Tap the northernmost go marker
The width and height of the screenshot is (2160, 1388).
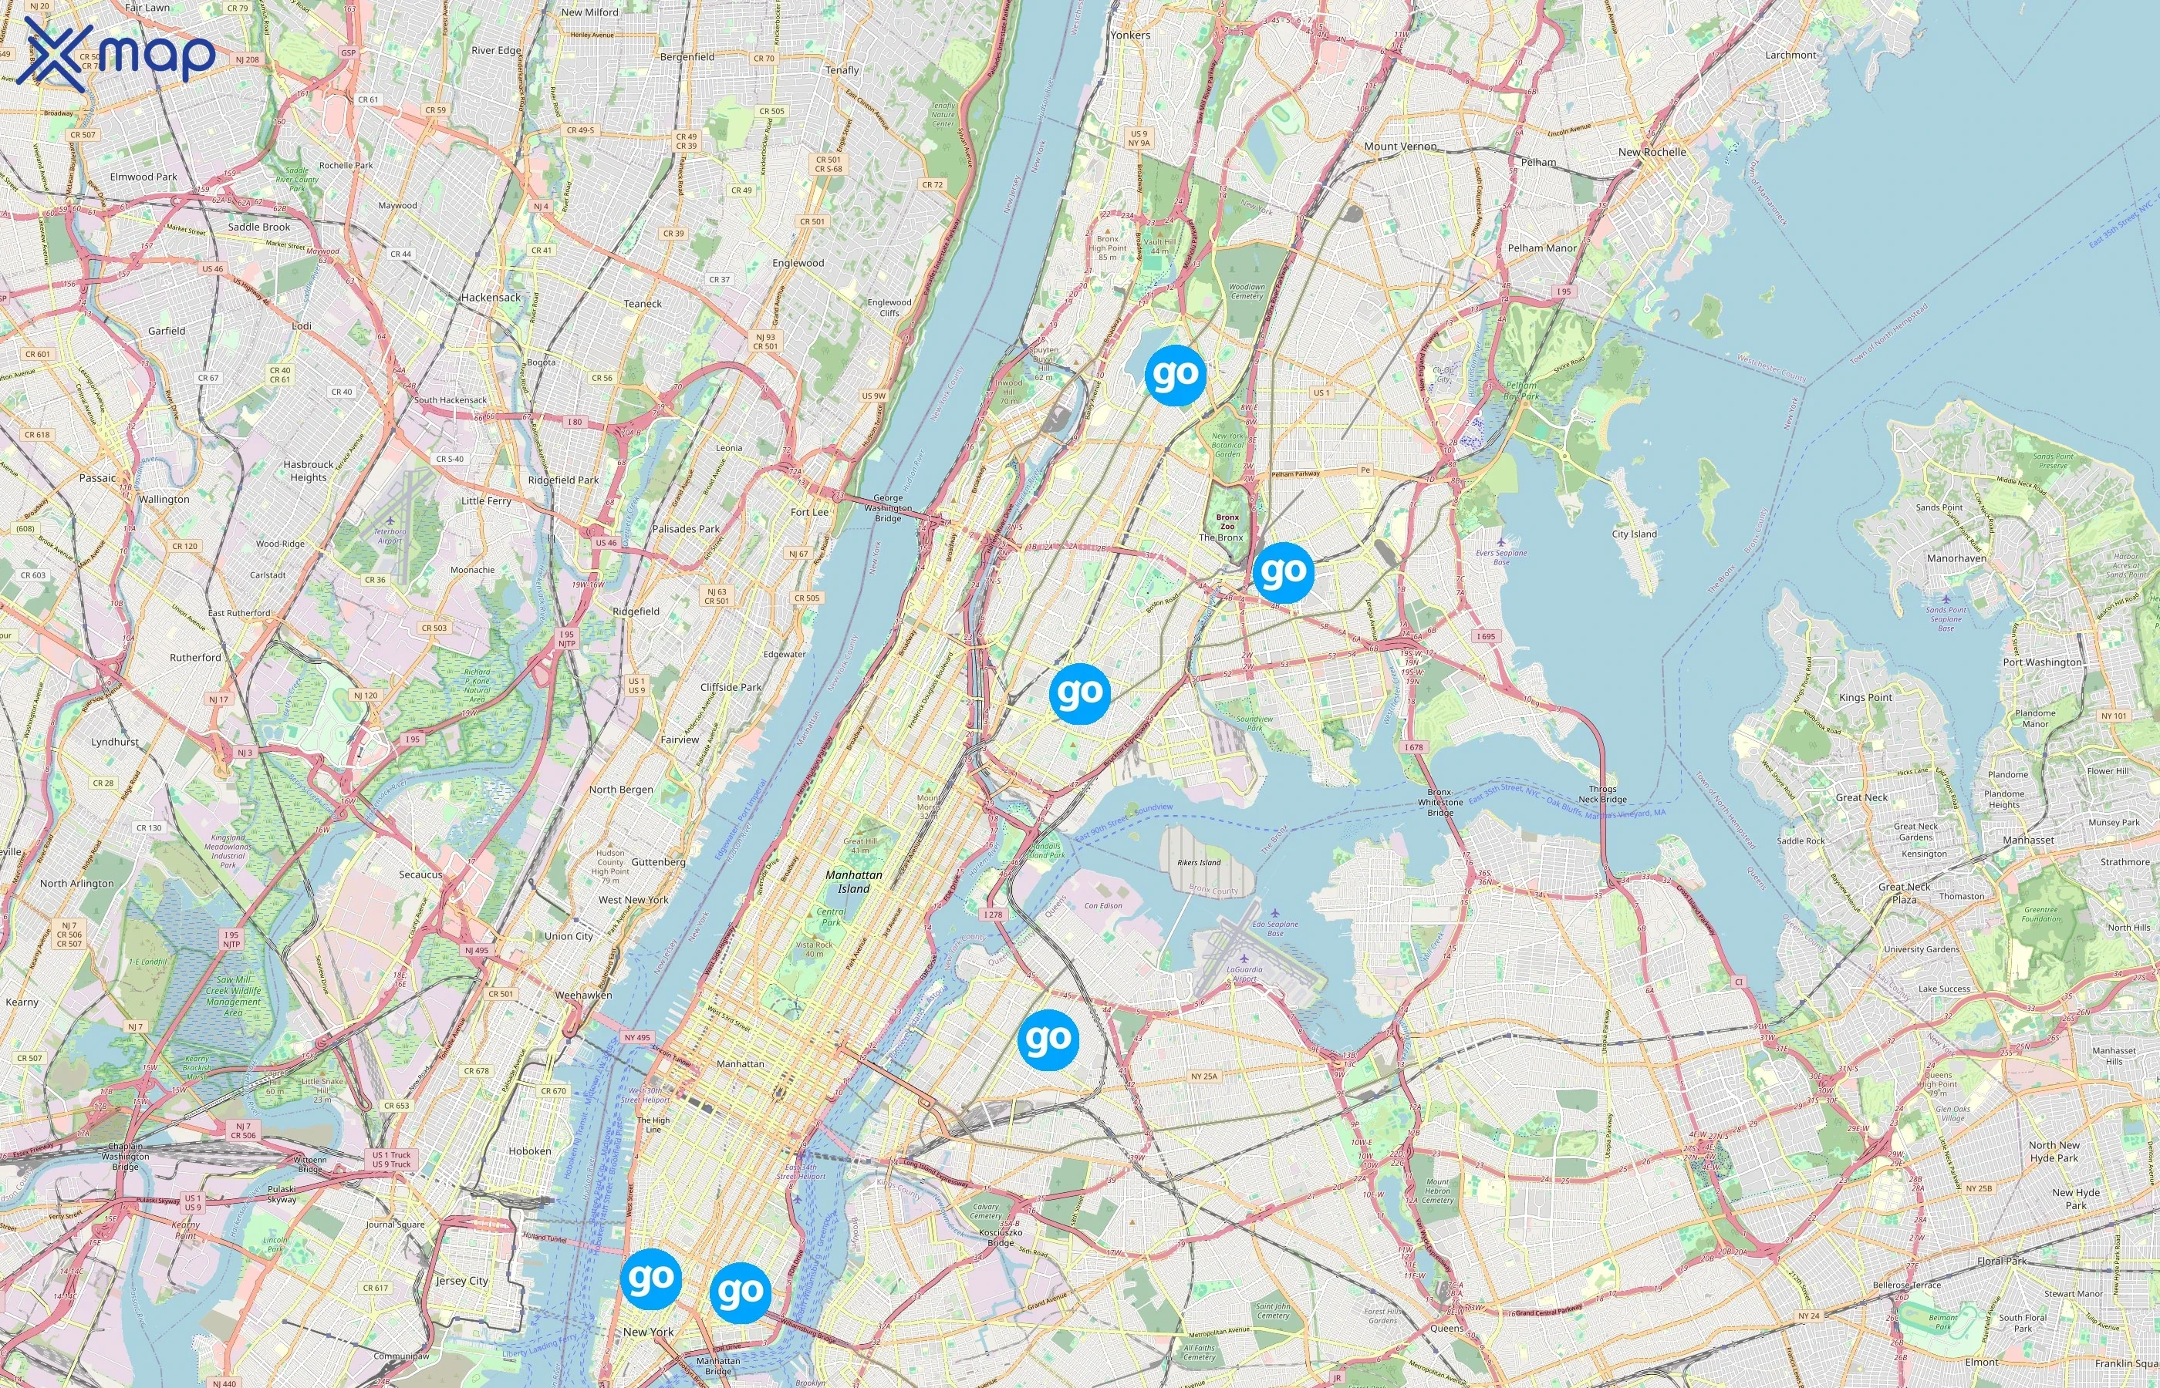(1175, 374)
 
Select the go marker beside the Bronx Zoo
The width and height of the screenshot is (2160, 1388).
(1283, 572)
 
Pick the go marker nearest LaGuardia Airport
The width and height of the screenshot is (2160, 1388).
(1048, 1039)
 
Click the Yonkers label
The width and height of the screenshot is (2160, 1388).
(1129, 35)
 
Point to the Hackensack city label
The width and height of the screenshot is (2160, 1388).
(491, 298)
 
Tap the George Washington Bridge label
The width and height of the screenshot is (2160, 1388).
(887, 507)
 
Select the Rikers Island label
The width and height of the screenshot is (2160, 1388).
(1198, 863)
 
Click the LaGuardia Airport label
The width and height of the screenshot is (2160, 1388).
(1244, 975)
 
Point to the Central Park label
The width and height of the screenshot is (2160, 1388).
(830, 918)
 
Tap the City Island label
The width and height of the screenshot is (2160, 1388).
(1634, 534)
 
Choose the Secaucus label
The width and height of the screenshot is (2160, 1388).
(420, 874)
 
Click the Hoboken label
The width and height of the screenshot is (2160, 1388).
(529, 1151)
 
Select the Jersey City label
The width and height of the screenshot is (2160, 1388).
(461, 1280)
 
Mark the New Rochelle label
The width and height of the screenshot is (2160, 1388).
(1652, 153)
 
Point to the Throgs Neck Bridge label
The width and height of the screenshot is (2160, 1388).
(1602, 794)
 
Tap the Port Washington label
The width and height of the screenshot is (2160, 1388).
(2042, 662)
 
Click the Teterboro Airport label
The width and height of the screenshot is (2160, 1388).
(390, 536)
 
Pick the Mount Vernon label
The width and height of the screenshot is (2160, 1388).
(1400, 146)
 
